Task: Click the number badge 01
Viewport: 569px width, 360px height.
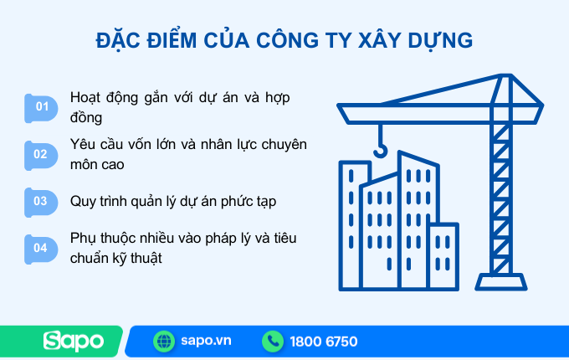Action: click(41, 106)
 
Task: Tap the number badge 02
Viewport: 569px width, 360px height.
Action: click(41, 153)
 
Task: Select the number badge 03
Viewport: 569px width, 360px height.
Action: click(41, 201)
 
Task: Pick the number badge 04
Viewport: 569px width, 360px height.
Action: click(41, 248)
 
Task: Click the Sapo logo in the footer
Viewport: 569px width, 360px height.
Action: click(74, 341)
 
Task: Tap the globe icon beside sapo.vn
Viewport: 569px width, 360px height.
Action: click(164, 341)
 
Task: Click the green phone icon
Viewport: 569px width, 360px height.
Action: click(273, 341)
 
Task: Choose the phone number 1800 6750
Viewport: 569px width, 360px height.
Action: click(323, 341)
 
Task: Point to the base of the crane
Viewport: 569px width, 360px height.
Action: click(500, 280)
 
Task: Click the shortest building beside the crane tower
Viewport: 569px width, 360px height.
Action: click(442, 255)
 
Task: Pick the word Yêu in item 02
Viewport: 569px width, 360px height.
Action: click(85, 144)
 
